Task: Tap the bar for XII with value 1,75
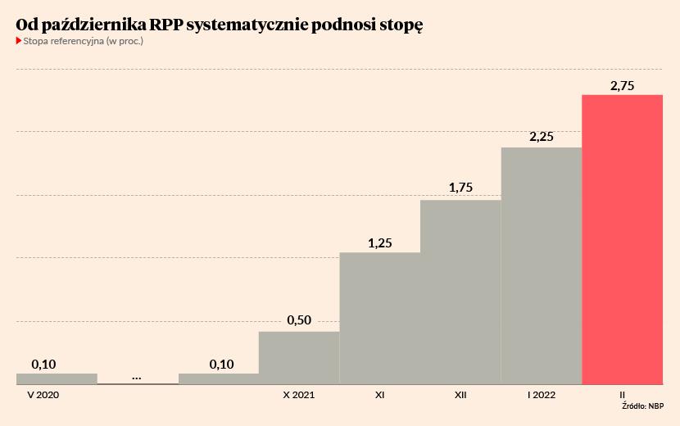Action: (x=460, y=292)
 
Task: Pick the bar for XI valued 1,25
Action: (x=380, y=318)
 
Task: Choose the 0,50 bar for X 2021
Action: (x=299, y=357)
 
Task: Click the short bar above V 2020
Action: (x=57, y=378)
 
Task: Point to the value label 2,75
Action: (x=622, y=85)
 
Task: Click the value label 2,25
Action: (x=542, y=138)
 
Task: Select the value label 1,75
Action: (x=460, y=188)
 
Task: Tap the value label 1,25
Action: (x=380, y=242)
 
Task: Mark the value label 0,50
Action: (x=299, y=320)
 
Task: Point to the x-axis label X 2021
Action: (x=299, y=395)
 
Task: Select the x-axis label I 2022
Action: (x=542, y=395)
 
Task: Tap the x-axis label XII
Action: (x=460, y=395)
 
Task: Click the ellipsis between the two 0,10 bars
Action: (x=137, y=377)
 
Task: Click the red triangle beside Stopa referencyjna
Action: (x=19, y=40)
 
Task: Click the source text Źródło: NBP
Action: (x=642, y=406)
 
